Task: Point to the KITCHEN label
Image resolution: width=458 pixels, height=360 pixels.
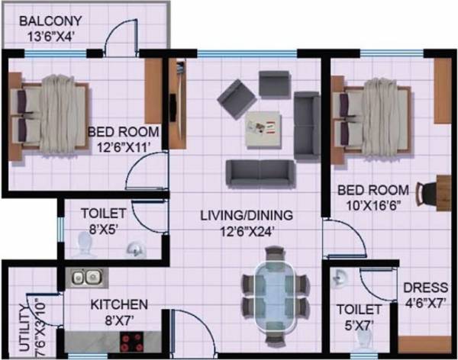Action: click(x=119, y=305)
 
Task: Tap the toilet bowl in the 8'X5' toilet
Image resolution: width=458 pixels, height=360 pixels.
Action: click(x=85, y=245)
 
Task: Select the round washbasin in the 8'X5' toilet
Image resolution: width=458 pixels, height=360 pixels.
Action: click(x=134, y=249)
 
